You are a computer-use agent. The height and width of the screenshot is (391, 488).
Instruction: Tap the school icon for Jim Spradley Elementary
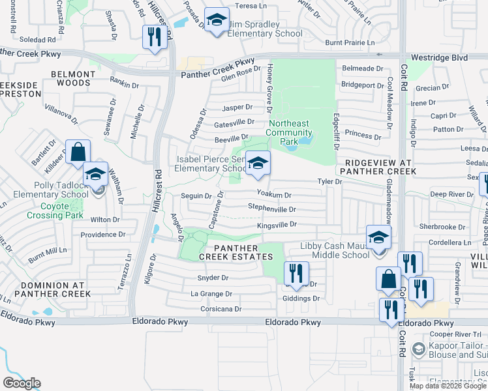(x=217, y=20)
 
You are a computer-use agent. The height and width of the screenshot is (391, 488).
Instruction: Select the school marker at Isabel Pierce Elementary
(x=258, y=164)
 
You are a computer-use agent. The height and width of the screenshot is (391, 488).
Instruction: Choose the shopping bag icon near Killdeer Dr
(x=78, y=152)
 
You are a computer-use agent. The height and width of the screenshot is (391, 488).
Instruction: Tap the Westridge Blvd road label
(x=442, y=57)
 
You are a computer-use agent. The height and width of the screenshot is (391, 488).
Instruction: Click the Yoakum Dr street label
(x=273, y=194)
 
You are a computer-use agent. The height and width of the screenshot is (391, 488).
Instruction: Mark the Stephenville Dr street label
(x=272, y=209)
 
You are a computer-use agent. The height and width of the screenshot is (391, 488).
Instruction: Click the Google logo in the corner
(x=22, y=383)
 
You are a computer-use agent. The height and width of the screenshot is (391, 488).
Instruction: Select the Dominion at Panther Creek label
(x=46, y=289)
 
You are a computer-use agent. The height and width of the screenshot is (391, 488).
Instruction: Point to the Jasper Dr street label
(x=237, y=107)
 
